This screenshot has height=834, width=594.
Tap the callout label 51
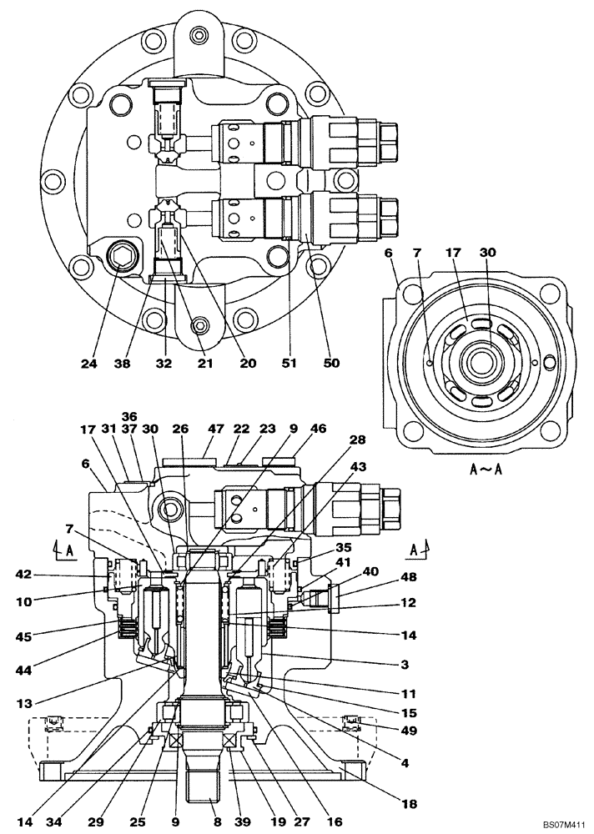tap(289, 364)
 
